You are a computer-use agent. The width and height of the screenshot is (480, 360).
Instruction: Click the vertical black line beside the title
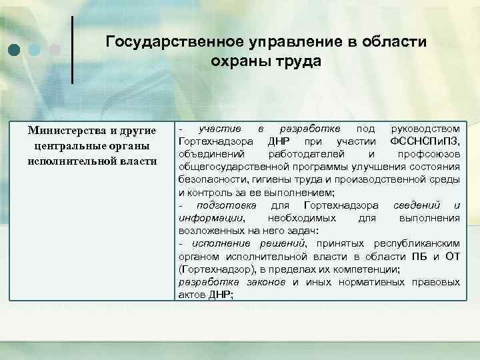coord(72,50)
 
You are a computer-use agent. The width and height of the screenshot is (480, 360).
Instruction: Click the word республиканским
coord(413,243)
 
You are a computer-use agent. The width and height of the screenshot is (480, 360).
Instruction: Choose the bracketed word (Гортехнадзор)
coord(213,269)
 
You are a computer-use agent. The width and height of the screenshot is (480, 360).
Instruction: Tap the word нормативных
coord(371,282)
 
